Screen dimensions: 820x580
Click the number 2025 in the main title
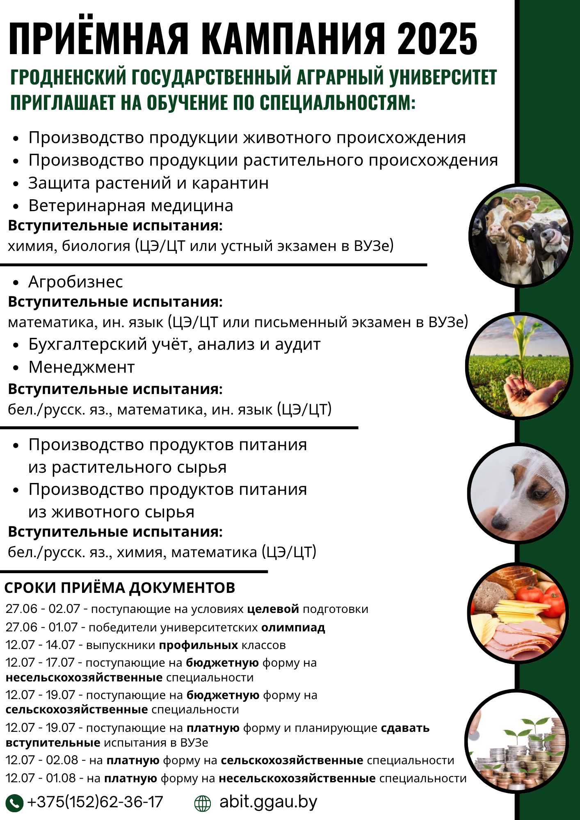coord(437,39)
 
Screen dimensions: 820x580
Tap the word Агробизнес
coord(75,282)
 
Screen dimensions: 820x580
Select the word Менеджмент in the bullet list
coord(81,367)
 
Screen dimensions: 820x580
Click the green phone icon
coord(14,803)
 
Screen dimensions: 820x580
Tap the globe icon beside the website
coord(202,803)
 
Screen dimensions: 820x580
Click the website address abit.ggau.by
coord(268,802)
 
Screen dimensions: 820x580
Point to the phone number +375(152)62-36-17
coord(95,802)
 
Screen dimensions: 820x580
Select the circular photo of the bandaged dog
coord(518,493)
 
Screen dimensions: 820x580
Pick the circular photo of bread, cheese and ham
coord(518,613)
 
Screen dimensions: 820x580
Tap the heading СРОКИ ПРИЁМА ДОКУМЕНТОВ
coord(119,588)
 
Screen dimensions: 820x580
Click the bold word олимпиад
coord(293,627)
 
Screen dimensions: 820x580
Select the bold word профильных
coord(199,645)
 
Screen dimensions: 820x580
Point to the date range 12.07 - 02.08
coord(42,760)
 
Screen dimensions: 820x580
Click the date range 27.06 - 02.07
coord(43,609)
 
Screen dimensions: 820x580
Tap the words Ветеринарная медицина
coord(130,206)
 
